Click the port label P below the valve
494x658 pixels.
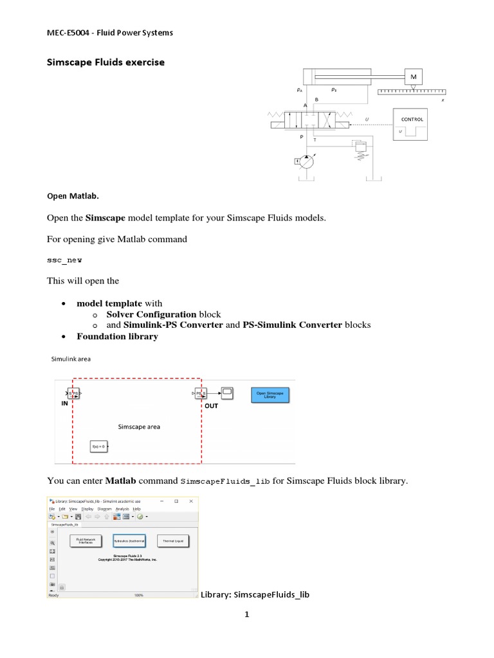pos(302,137)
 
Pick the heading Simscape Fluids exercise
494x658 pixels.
pos(106,62)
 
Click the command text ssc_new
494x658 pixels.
pos(64,260)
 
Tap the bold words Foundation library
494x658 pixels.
pos(117,336)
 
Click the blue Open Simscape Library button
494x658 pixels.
pos(270,394)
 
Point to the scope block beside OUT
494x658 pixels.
pos(228,392)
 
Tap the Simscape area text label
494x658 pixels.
pos(139,426)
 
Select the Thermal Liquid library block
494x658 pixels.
pos(174,542)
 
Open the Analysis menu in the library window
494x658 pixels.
pos(122,508)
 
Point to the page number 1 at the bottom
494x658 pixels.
pos(246,614)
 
